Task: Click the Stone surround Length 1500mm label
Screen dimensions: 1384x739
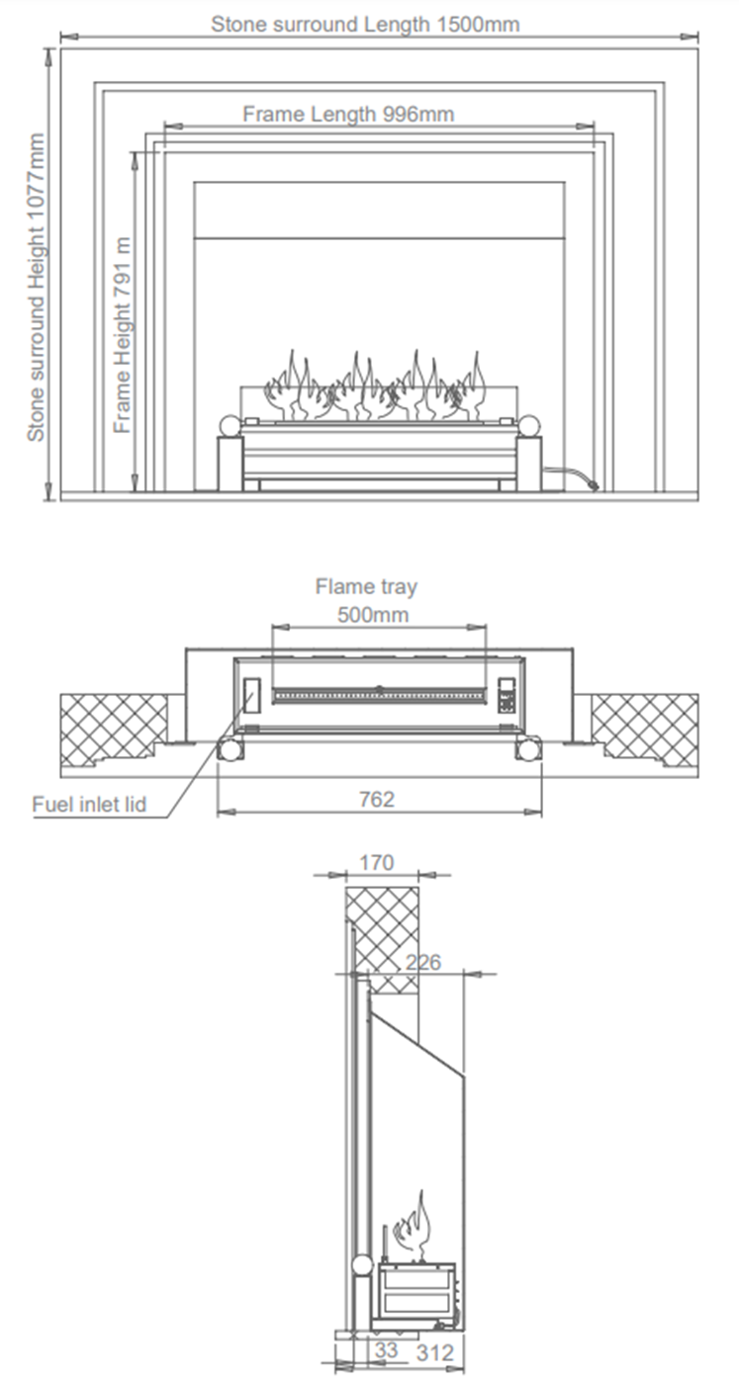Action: [364, 24]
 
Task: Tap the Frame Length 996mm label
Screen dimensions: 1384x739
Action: [348, 114]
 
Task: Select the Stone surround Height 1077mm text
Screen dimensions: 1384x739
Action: [36, 288]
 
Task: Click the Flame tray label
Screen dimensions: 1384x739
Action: [366, 586]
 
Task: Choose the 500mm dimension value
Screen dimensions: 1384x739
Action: [372, 614]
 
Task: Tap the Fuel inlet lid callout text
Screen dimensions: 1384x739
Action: [89, 804]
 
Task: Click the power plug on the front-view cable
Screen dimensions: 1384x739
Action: [593, 483]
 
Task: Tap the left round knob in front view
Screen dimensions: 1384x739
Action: [230, 426]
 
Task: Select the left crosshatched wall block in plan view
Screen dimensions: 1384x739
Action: [114, 730]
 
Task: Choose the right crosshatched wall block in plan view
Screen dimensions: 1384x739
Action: [644, 730]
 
